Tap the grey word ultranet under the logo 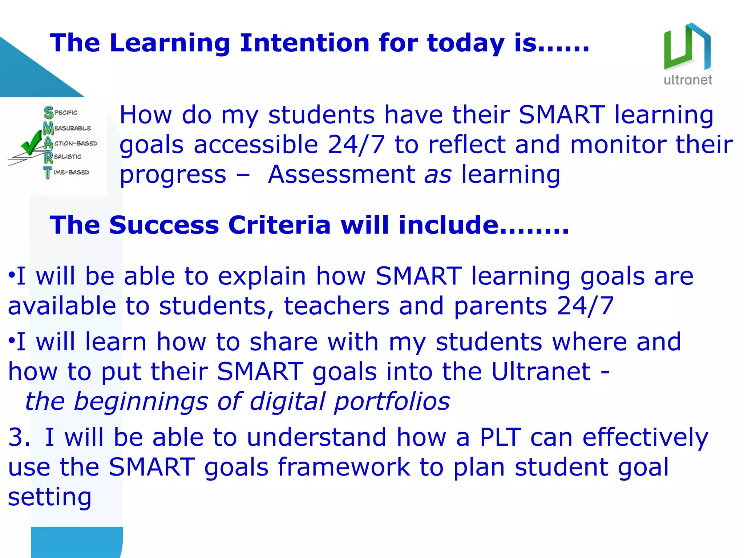coord(688,80)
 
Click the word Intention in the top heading coord(304,43)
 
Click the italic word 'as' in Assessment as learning coord(438,174)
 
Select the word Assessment coord(341,174)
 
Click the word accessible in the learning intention coord(256,145)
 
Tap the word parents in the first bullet coord(500,306)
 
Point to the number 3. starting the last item coord(19,437)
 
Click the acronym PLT coord(501,437)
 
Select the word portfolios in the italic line coord(392,401)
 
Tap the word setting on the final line coord(50,497)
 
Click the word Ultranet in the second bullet coord(541,372)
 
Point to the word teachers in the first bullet coord(336,306)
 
